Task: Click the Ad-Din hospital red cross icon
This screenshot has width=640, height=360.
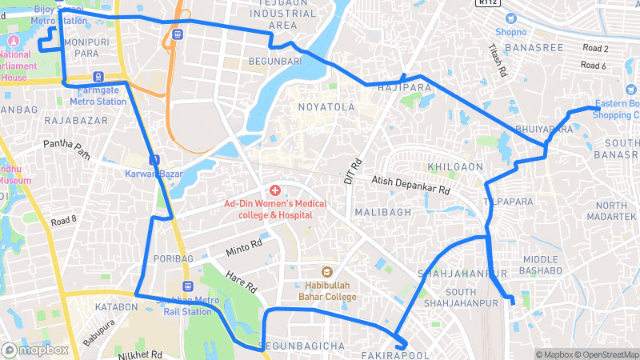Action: click(x=274, y=190)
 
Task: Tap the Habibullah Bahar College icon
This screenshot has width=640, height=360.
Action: click(x=326, y=271)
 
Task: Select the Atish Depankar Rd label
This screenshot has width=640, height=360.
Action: click(x=411, y=187)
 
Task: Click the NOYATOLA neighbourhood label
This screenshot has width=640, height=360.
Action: click(x=326, y=106)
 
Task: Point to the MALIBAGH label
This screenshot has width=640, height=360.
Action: click(x=382, y=212)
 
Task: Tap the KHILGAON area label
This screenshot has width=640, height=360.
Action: click(x=456, y=166)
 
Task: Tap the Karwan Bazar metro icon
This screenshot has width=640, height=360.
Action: click(x=153, y=159)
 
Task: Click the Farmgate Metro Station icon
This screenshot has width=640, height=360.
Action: click(x=98, y=77)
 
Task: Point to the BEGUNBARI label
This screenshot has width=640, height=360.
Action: click(x=274, y=61)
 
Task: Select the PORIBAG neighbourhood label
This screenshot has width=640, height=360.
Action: click(x=174, y=258)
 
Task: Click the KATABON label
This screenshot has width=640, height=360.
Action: click(x=116, y=306)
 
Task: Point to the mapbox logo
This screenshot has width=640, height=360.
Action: click(x=35, y=350)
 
